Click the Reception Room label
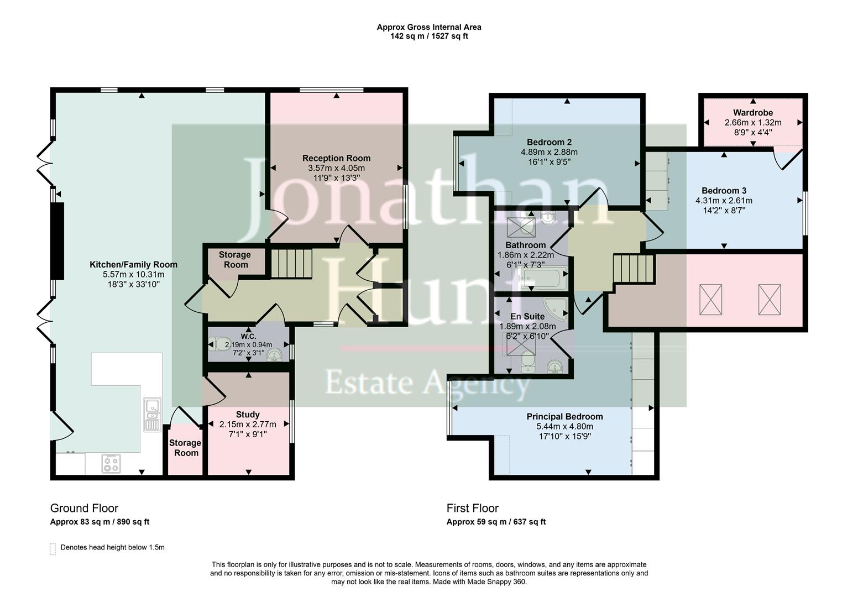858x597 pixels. point(336,158)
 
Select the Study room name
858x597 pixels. point(248,415)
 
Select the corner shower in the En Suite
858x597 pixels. point(556,308)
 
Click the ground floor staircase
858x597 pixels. point(291,263)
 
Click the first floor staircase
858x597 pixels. point(634,269)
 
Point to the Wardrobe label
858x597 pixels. point(753,113)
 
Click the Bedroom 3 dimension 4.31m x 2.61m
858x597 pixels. point(724,201)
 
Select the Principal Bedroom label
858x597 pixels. point(564,417)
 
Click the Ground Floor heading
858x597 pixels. point(84,508)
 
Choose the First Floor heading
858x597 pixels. point(472,508)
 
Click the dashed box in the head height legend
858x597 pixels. point(53,548)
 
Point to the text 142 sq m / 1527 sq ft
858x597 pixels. point(429,36)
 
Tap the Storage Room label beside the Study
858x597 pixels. point(185,448)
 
